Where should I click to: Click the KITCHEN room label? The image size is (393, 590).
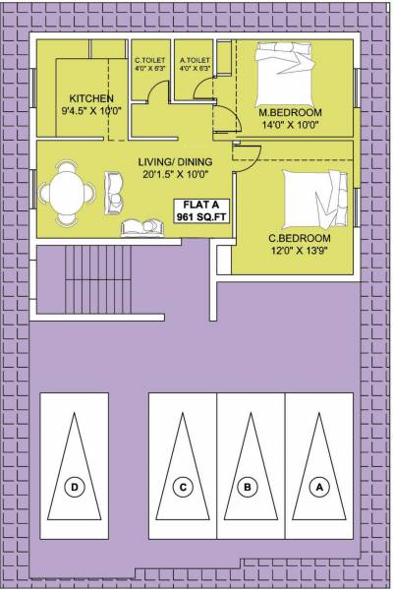point(90,97)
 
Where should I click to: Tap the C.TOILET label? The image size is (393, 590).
point(148,61)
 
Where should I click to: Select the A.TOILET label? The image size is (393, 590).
point(194,61)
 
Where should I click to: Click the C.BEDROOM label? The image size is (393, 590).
point(300,238)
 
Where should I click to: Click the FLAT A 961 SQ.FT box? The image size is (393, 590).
point(201,210)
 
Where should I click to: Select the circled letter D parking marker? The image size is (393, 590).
point(74,486)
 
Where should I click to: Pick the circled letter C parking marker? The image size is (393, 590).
point(182,486)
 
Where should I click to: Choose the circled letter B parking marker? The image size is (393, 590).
point(250,486)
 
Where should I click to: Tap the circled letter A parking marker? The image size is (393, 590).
point(317,486)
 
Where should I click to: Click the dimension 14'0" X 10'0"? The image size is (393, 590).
point(291,126)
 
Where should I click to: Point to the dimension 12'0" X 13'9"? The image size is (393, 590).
point(300,251)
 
